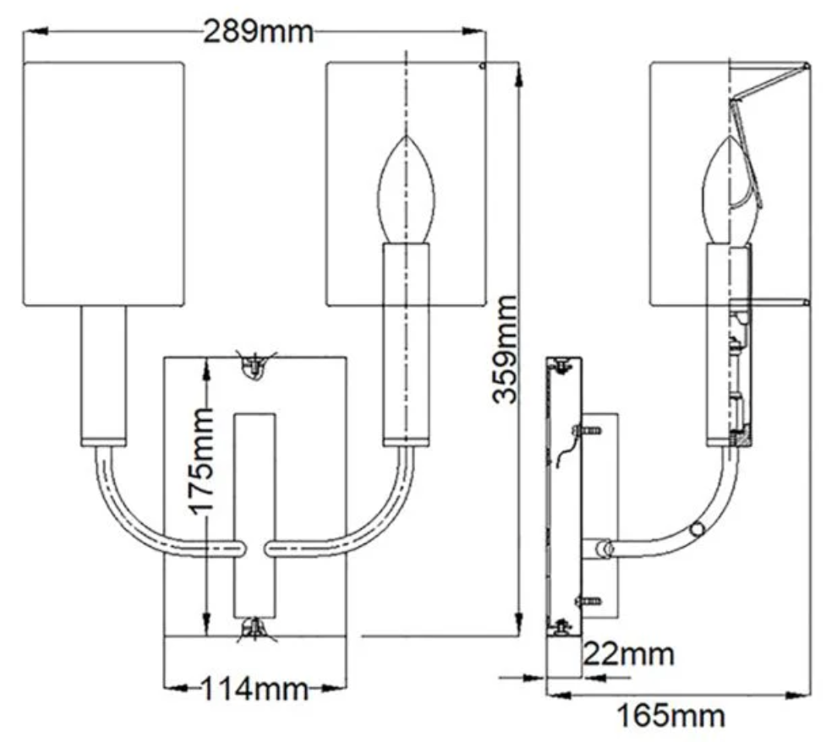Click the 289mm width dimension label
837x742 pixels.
pos(258,32)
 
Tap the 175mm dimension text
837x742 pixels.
pos(202,461)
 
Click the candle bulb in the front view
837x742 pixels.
pos(407,190)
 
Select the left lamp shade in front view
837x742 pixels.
pos(102,183)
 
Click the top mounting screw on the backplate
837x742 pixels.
pos(254,366)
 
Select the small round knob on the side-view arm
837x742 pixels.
pos(697,530)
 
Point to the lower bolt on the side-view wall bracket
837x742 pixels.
pos(588,601)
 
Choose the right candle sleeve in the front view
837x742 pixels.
pos(406,342)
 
